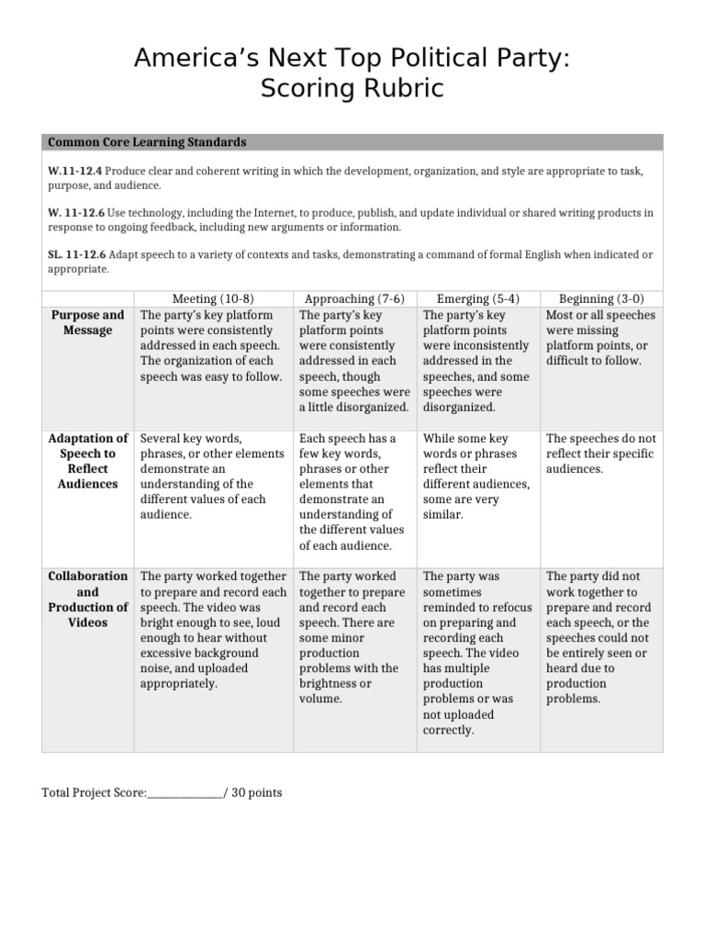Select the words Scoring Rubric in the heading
(x=352, y=89)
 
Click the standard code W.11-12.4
(x=75, y=172)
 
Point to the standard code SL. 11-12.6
(x=77, y=253)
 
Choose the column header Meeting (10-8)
(x=214, y=299)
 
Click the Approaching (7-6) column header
(x=355, y=299)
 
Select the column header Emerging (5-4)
(x=477, y=299)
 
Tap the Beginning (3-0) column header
(x=600, y=299)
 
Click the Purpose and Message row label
(x=88, y=322)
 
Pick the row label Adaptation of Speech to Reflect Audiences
(x=88, y=461)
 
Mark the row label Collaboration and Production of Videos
(x=88, y=599)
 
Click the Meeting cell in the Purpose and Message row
(x=214, y=346)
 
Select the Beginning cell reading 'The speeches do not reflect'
(x=600, y=453)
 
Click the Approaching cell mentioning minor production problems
(x=355, y=637)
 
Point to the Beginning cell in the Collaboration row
(x=600, y=637)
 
